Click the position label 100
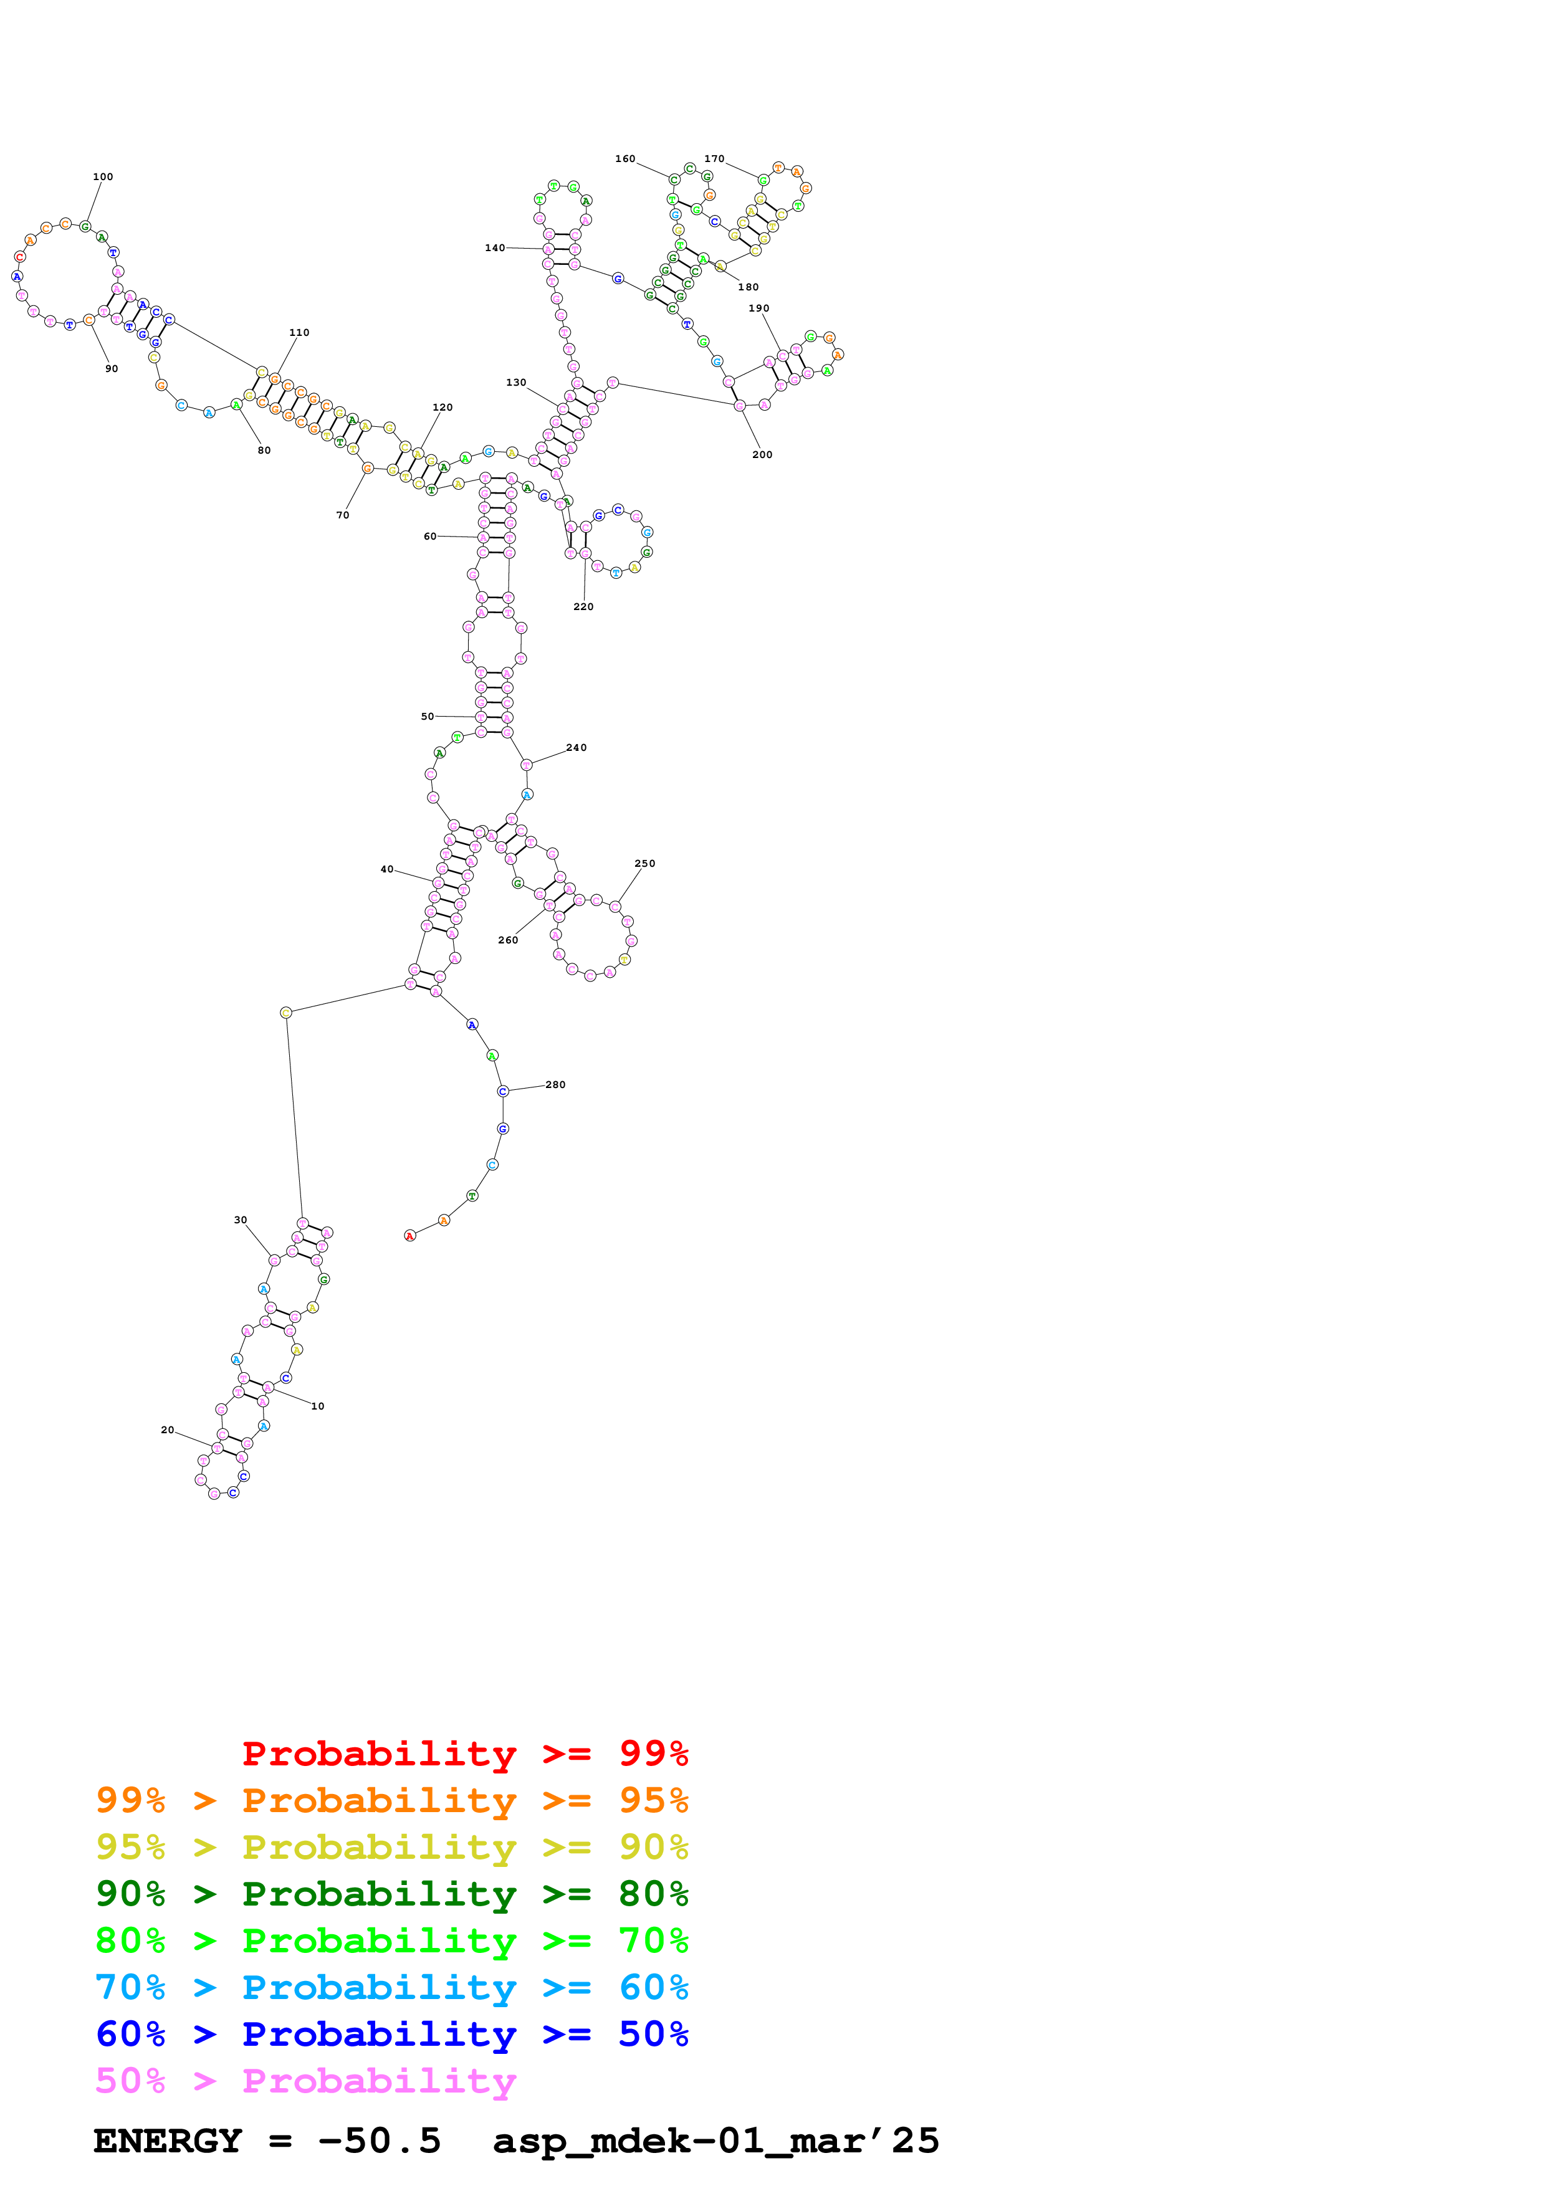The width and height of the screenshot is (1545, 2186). click(x=103, y=177)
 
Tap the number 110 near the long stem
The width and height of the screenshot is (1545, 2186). click(x=299, y=333)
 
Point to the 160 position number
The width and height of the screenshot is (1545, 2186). click(x=626, y=159)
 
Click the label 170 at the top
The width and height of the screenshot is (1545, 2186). click(x=714, y=159)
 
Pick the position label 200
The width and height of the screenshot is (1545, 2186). click(x=762, y=455)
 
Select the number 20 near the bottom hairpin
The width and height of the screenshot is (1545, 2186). click(x=168, y=1431)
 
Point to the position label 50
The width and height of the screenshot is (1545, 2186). click(x=428, y=717)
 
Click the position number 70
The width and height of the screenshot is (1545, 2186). click(x=343, y=516)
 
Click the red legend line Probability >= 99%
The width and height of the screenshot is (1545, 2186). click(x=464, y=1754)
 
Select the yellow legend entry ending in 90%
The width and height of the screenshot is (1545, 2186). click(x=391, y=1847)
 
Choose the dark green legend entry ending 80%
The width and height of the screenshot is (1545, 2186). click(x=391, y=1894)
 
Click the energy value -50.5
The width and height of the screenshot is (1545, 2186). click(x=379, y=2141)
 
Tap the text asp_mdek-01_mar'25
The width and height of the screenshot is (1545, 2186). click(x=716, y=2141)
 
